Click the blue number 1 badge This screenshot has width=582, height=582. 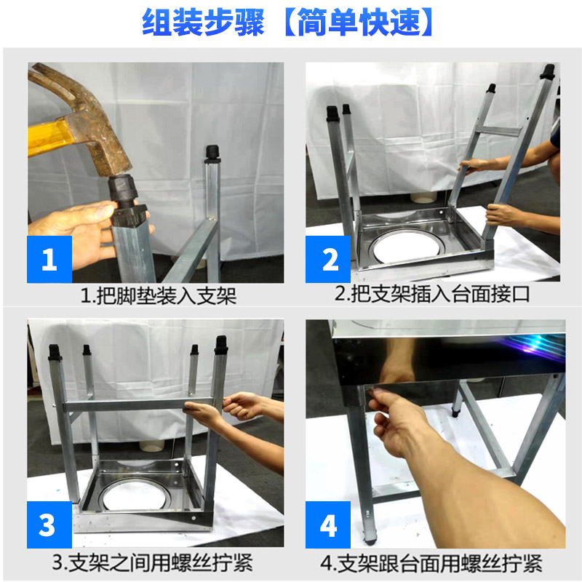pos(49,259)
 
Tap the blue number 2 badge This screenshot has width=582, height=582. pos(328,259)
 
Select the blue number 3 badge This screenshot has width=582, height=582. pos(49,525)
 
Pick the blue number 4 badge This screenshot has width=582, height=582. pos(328,525)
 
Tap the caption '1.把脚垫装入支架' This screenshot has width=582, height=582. pos(159,296)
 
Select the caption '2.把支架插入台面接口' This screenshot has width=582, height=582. pos(432,294)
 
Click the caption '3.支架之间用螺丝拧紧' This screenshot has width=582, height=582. pos(153,562)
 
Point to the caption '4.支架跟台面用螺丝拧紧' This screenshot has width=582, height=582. pos(431,563)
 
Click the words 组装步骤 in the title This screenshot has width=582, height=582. pos(203,23)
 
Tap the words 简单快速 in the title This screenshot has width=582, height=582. pos(359,23)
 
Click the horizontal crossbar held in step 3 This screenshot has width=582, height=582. pos(138,404)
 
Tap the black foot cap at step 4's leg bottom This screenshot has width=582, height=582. pos(370,538)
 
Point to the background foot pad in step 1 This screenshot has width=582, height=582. pos(212,154)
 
